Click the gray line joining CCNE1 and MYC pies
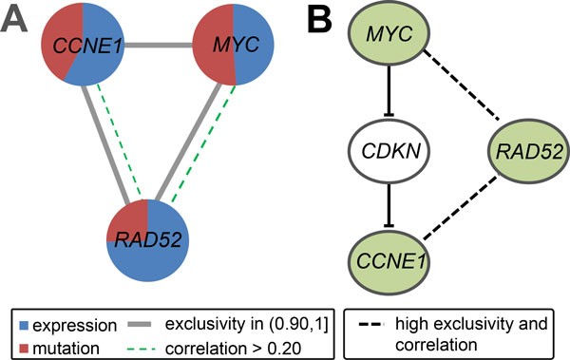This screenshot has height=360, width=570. (x=158, y=44)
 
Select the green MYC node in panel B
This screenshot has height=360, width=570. (x=389, y=35)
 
